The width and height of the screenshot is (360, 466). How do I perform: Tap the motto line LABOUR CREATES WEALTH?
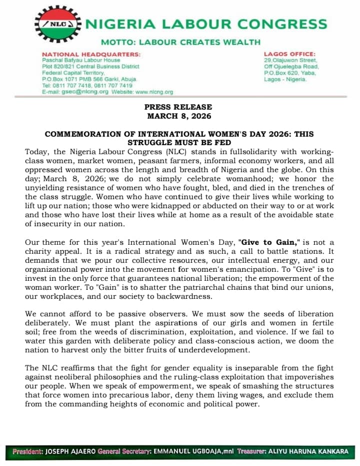180,42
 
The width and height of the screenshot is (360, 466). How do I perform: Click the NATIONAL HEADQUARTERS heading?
91,54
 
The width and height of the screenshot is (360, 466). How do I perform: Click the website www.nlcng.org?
154,92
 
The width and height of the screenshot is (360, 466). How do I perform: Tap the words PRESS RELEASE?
178,107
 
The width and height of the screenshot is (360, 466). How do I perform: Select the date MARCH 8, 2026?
179,116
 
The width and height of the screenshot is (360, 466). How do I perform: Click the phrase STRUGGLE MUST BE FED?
179,143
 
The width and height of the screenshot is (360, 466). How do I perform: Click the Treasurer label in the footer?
254,451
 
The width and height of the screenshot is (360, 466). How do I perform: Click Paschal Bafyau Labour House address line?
81,60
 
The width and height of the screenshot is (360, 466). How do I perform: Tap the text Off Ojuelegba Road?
291,66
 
